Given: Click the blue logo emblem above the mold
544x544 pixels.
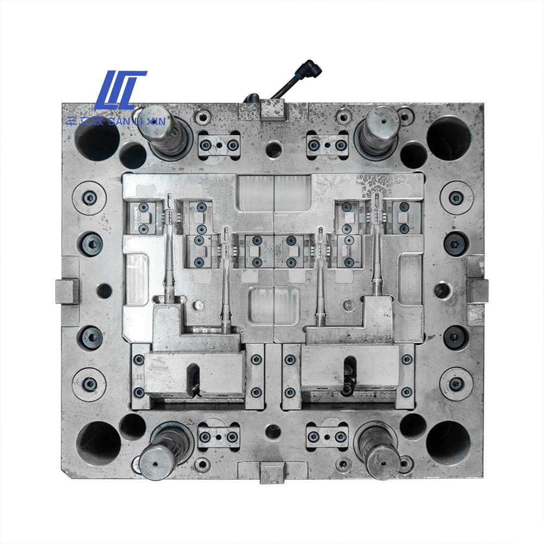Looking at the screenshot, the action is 120,90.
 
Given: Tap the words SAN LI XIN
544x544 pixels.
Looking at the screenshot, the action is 137,121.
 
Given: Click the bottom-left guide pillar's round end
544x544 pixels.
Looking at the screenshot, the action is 155,463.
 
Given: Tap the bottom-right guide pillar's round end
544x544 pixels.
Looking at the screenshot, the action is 383,463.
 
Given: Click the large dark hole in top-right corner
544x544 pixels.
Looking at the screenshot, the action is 449,139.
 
